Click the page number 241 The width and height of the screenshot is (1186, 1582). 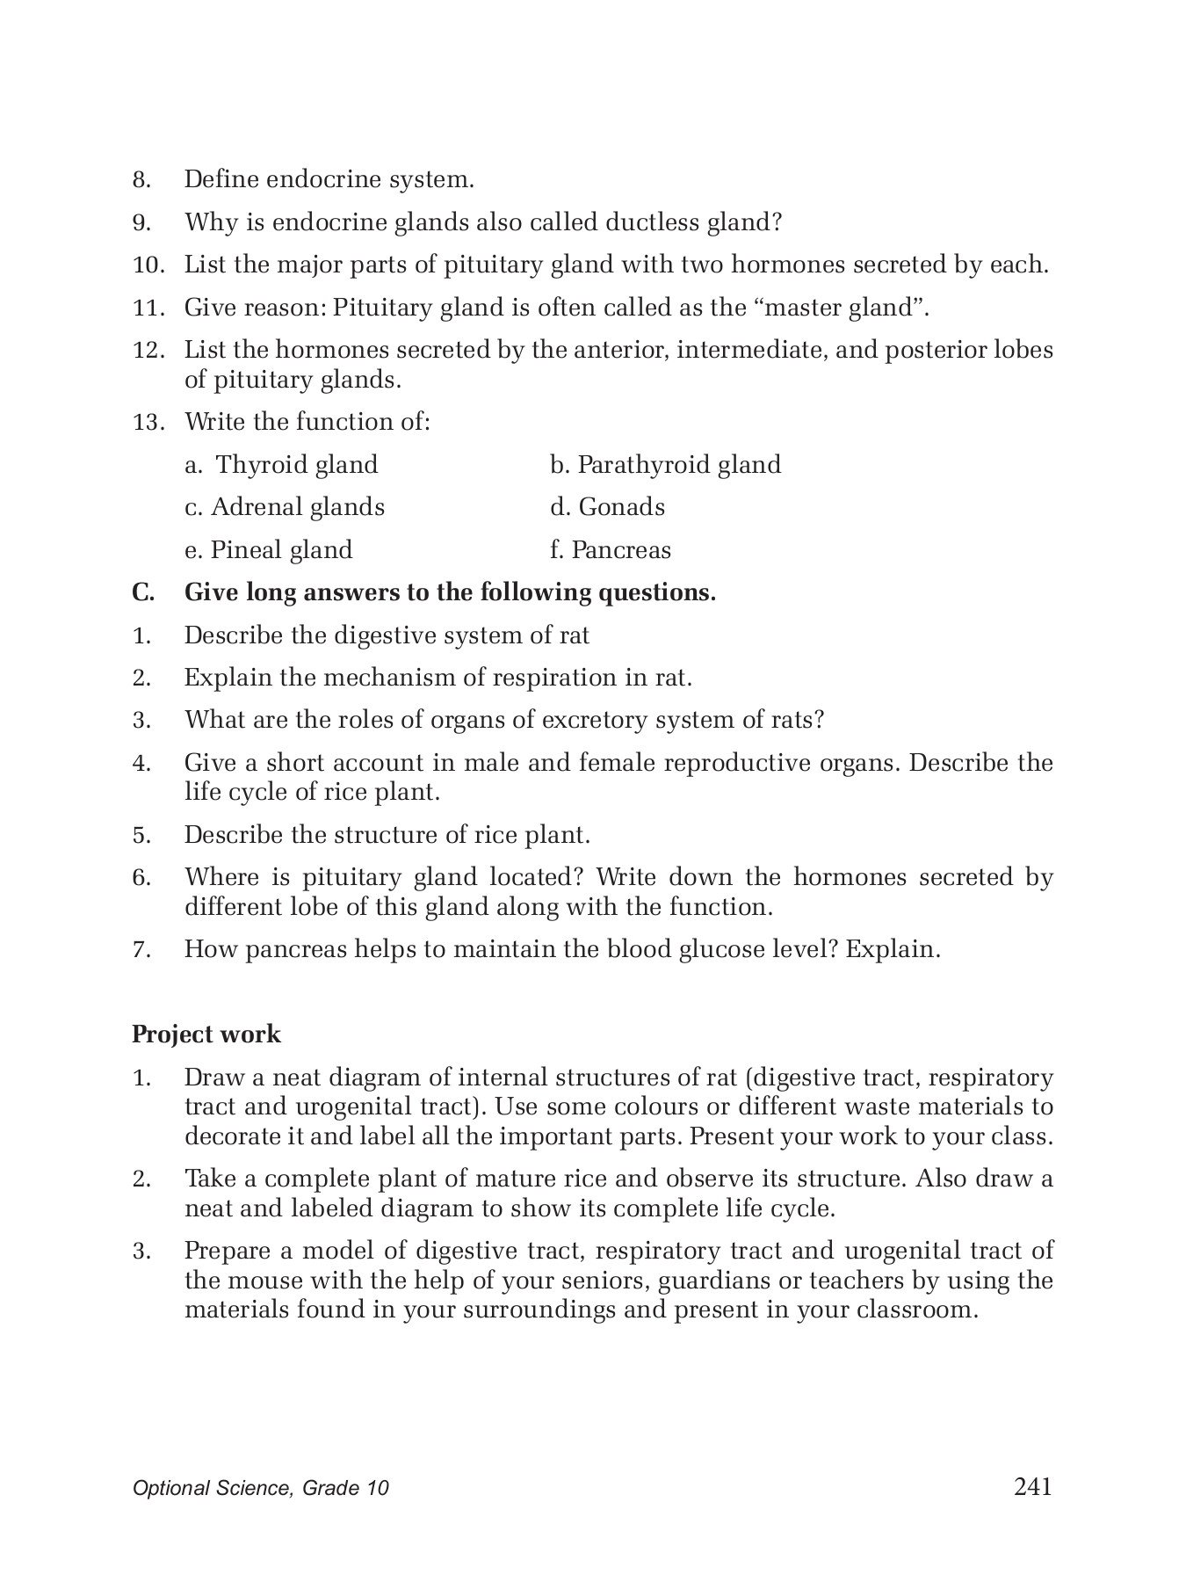[1032, 1486]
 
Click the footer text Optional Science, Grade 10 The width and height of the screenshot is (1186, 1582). [260, 1488]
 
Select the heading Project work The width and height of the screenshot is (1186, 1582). [206, 1034]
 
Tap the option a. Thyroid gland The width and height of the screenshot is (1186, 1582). [281, 464]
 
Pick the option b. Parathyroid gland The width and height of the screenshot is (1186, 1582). [665, 464]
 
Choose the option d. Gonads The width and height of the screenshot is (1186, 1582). [607, 507]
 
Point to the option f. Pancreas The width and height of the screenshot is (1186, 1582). [610, 550]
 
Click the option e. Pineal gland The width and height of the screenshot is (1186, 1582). [268, 550]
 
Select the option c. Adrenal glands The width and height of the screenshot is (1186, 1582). [285, 507]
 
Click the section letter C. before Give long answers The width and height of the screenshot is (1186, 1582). [143, 592]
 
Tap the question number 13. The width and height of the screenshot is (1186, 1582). [148, 422]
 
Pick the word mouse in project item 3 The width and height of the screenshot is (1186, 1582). [262, 1280]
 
